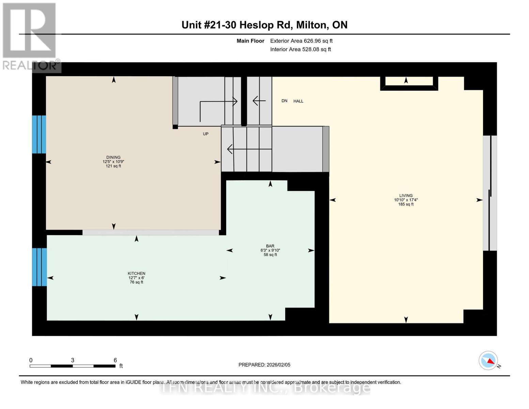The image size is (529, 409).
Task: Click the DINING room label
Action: tap(113, 157)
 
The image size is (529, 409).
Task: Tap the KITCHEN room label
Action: tap(136, 273)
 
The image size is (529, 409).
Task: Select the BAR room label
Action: tap(270, 246)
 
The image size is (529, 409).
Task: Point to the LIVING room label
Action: tap(406, 196)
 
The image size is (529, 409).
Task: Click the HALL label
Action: tap(298, 101)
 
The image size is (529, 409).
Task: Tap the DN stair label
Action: tap(284, 101)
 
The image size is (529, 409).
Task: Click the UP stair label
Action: tap(205, 134)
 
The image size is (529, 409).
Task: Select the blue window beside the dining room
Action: tap(39, 134)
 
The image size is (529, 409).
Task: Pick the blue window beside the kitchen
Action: tap(39, 267)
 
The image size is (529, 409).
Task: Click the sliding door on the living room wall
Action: tap(490, 193)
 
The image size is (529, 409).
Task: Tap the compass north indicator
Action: tap(488, 361)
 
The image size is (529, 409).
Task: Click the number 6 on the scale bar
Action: tap(115, 360)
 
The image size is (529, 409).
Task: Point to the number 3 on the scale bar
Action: tap(73, 360)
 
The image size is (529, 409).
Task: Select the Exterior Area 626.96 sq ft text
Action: tap(301, 41)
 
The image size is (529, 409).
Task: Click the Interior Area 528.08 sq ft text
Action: tap(300, 49)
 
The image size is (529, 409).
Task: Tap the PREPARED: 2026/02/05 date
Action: tap(264, 365)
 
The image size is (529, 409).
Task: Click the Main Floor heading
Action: tap(250, 41)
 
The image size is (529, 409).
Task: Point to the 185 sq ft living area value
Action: tap(406, 204)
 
